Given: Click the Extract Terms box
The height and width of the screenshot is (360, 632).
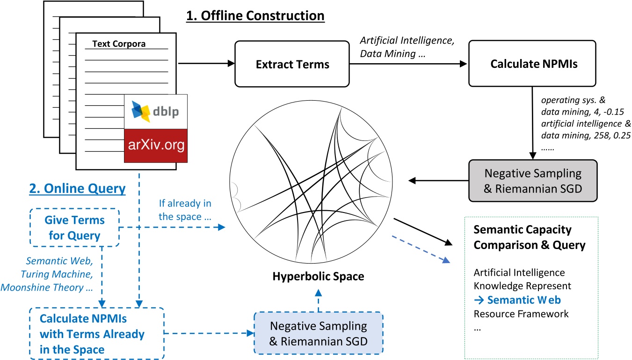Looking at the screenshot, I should pyautogui.click(x=292, y=64).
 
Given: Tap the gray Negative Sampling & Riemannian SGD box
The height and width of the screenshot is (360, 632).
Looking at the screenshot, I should pyautogui.click(x=533, y=180).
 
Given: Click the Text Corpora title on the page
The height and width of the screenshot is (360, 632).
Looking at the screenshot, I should pyautogui.click(x=119, y=44).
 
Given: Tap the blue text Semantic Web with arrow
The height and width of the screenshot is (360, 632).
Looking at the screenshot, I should pyautogui.click(x=517, y=300).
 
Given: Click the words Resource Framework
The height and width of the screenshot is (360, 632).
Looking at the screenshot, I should pyautogui.click(x=521, y=313).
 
